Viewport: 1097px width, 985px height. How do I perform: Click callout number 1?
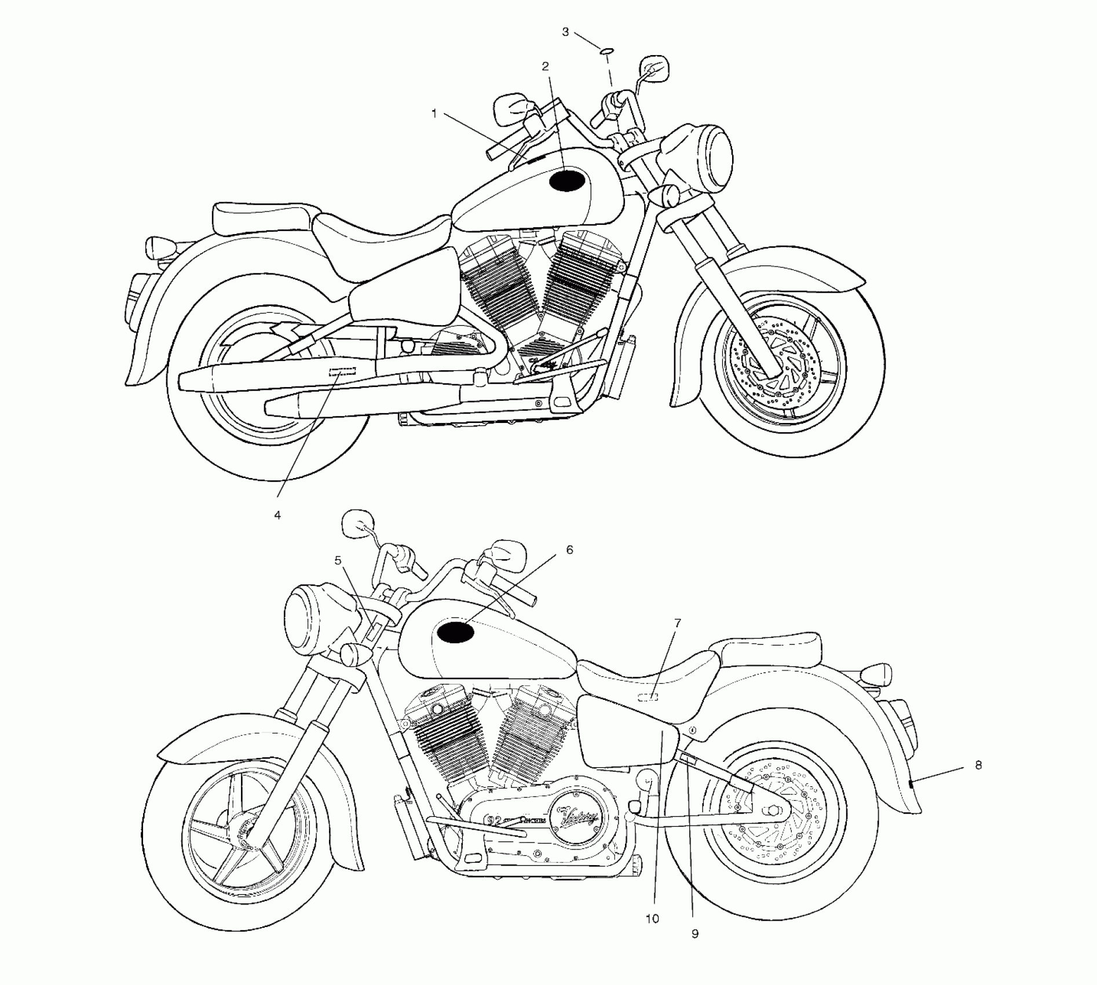pos(434,114)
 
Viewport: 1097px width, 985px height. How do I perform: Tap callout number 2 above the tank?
pos(545,66)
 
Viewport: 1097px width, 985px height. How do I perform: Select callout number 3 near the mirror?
pos(566,32)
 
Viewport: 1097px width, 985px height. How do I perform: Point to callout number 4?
pos(277,515)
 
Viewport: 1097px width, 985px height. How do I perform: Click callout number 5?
pos(338,560)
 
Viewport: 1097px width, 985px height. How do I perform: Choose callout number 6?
pos(569,549)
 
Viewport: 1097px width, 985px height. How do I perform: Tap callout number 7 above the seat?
pos(678,623)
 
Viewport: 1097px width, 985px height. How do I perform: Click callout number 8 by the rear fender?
pos(978,765)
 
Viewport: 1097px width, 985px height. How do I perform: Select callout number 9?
pos(695,933)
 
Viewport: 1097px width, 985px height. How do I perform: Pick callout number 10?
pos(652,919)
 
